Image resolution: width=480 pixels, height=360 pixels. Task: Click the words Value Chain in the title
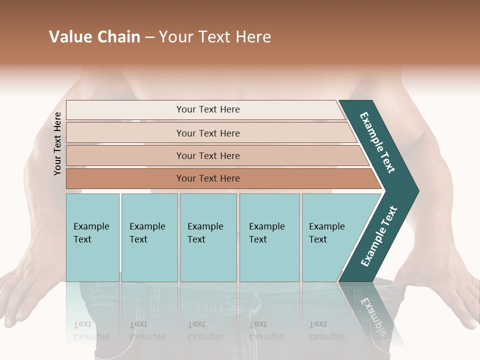point(94,37)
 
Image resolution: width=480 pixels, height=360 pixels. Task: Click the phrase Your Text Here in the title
point(215,37)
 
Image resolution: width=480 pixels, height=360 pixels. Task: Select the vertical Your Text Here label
point(57,143)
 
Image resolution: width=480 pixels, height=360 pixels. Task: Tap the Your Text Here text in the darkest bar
point(208,178)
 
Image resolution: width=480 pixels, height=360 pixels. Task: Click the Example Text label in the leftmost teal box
point(91,233)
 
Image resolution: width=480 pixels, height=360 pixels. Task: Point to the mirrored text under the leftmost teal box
point(91,330)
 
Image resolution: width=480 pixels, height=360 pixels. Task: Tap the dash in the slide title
point(149,37)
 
